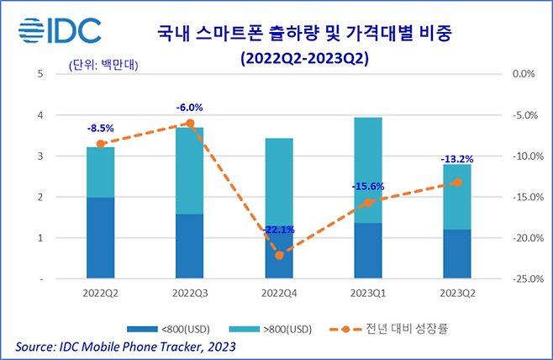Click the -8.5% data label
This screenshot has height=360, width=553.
(x=101, y=129)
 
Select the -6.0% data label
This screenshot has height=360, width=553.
(x=189, y=108)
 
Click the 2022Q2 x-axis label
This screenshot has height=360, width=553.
(x=101, y=294)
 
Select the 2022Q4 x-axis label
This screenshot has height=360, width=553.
(x=279, y=294)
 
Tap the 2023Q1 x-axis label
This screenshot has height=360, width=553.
(x=367, y=294)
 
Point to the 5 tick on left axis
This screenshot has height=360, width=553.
(x=41, y=74)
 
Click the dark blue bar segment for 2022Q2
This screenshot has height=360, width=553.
(x=101, y=237)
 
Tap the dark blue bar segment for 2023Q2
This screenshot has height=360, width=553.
(x=456, y=253)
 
